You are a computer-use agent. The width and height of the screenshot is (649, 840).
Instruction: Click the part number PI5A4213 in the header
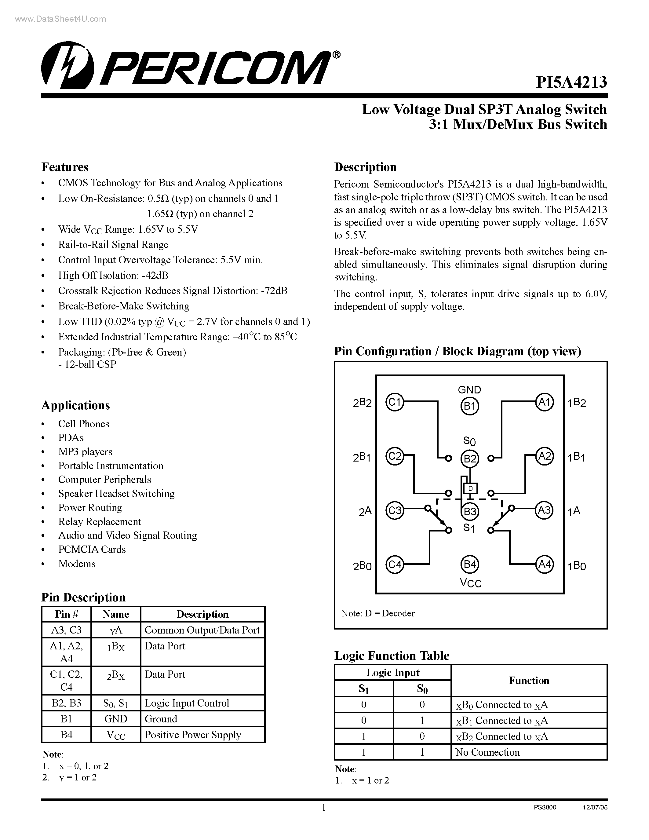(x=571, y=82)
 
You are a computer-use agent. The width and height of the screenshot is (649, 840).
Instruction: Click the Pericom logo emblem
(x=68, y=65)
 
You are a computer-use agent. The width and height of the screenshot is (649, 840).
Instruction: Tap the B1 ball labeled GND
(x=469, y=406)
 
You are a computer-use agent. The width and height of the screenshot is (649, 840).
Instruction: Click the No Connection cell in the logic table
(x=487, y=752)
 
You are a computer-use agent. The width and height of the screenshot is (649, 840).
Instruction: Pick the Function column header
(x=529, y=680)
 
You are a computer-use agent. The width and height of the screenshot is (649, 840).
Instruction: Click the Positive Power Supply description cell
(x=193, y=735)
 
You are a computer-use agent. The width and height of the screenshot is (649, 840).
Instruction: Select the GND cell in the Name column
(x=115, y=719)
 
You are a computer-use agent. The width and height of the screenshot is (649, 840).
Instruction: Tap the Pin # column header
(x=66, y=614)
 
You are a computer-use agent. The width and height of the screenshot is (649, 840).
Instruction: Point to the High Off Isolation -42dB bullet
(x=113, y=276)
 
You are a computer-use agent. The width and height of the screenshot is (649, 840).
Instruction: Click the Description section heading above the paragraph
(x=365, y=167)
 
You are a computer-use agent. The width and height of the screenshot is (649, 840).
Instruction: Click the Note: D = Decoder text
(x=377, y=613)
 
